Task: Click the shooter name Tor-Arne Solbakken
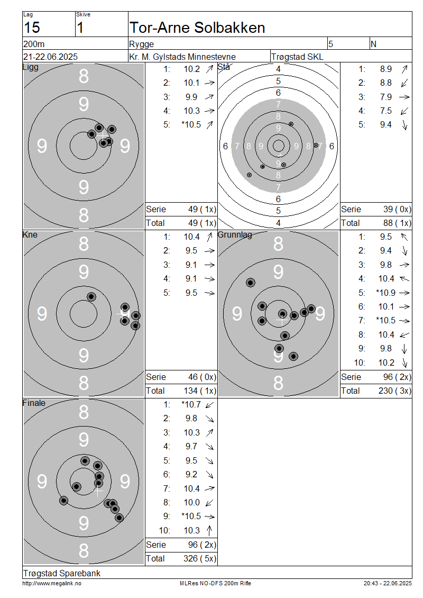[x=197, y=28]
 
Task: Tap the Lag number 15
[x=32, y=28]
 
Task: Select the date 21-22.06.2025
[x=50, y=57]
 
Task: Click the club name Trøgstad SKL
[x=297, y=57]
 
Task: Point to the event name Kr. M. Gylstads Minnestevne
[x=182, y=57]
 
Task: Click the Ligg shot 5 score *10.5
[x=191, y=125]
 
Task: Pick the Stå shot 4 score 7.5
[x=385, y=111]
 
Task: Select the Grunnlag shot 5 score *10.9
[x=385, y=293]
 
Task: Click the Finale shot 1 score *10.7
[x=191, y=404]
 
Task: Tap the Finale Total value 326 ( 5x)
[x=200, y=558]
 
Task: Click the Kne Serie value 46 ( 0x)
[x=202, y=377]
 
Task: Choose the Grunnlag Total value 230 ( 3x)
[x=395, y=391]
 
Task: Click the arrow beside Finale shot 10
[x=209, y=530]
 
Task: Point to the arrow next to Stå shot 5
[x=404, y=125]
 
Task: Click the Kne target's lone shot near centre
[x=91, y=297]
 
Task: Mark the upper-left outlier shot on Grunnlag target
[x=251, y=283]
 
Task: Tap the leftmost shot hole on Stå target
[x=249, y=175]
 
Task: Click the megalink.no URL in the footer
[x=52, y=583]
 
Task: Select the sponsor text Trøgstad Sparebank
[x=62, y=573]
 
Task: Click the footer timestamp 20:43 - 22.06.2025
[x=388, y=583]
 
